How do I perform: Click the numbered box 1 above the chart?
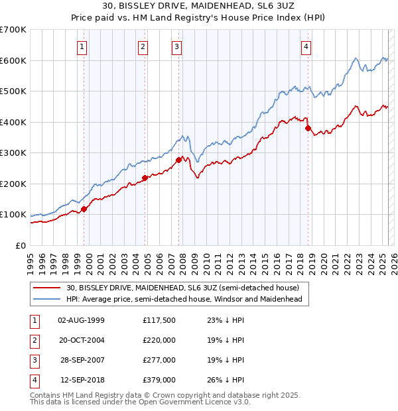point(81,46)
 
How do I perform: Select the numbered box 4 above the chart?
point(306,46)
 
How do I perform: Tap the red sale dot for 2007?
point(179,160)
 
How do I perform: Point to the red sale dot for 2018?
point(308,129)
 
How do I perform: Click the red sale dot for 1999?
point(84,209)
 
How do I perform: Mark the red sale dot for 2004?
point(145,178)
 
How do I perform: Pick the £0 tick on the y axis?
point(21,245)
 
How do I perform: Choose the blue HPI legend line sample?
point(48,299)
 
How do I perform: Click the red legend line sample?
point(48,288)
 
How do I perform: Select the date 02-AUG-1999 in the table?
point(82,320)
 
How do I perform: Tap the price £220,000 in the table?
point(159,340)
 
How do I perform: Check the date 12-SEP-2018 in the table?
point(82,380)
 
